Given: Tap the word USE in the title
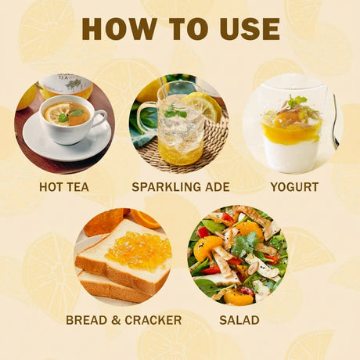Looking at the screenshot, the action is tap(250, 29).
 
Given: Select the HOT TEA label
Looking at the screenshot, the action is tap(64, 187).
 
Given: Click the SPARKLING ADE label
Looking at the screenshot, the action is tap(181, 187).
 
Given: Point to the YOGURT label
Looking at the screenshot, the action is tap(294, 187).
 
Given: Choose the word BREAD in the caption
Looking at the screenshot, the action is tap(87, 320).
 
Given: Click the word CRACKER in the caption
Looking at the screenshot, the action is tap(153, 320).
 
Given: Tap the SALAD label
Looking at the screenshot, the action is tap(239, 320).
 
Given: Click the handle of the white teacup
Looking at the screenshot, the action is tap(101, 119).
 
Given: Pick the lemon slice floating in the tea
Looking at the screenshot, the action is tap(57, 113).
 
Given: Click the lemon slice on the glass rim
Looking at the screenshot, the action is tap(205, 106).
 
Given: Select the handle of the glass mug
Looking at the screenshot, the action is tap(146, 117).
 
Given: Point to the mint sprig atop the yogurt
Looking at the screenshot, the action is tap(297, 100).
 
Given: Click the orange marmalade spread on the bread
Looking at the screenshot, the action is tap(139, 250).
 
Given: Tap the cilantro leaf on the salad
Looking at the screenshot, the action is tap(245, 244).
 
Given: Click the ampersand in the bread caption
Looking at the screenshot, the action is tap(116, 320).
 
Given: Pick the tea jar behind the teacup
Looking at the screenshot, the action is tap(67, 86).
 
